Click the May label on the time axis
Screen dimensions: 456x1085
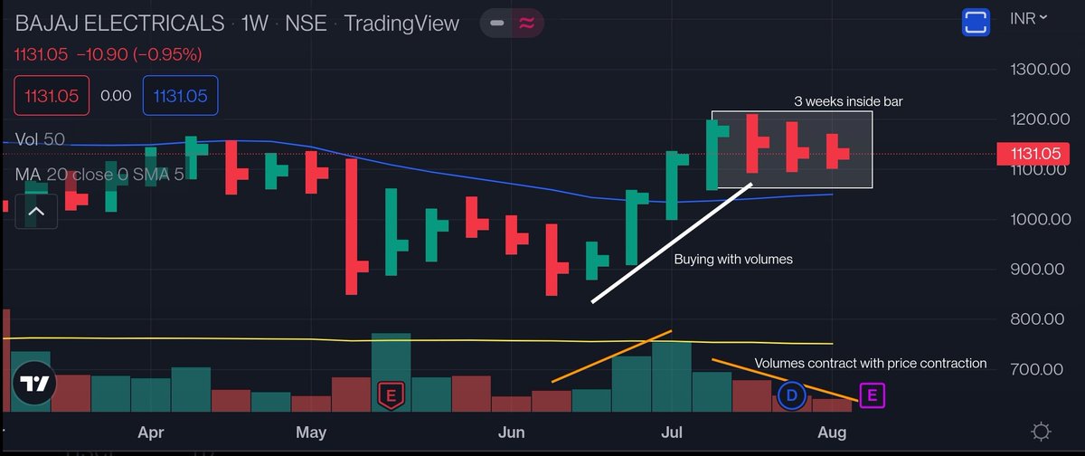coord(310,432)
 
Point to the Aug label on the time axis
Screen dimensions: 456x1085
coord(833,432)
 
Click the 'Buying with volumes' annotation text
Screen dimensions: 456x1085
coord(733,259)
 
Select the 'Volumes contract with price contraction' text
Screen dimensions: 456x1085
coord(871,363)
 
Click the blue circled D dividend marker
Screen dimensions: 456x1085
coord(791,394)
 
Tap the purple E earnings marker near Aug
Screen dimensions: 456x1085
coord(872,394)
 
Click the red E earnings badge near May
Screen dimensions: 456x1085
coord(391,394)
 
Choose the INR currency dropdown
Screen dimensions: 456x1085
coord(1030,18)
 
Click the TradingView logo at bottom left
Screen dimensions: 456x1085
coord(34,384)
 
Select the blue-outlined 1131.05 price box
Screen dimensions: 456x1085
coord(180,96)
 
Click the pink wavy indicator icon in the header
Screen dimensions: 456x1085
coord(524,23)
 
